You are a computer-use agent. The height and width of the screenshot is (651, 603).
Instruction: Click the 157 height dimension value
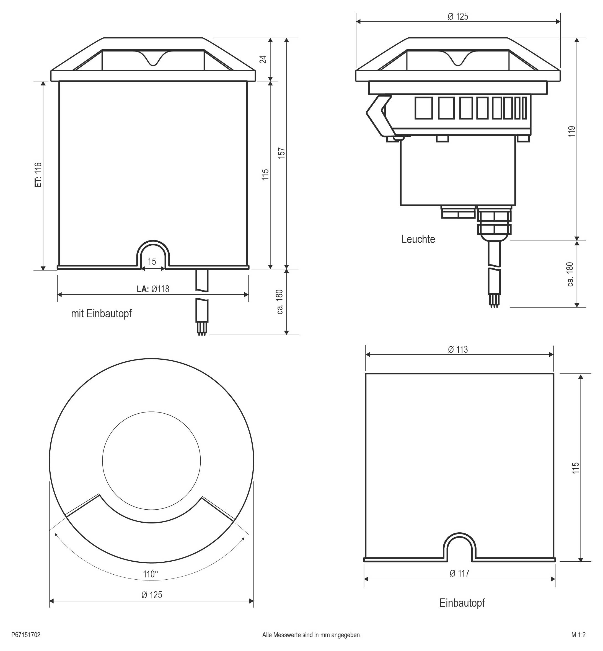click(282, 153)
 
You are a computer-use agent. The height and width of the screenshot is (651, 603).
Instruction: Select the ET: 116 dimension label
click(38, 175)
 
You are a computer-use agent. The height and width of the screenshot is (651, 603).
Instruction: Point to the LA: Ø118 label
click(153, 289)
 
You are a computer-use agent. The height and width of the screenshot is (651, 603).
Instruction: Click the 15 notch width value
click(152, 261)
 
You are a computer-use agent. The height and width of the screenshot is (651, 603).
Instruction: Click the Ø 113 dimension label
click(458, 350)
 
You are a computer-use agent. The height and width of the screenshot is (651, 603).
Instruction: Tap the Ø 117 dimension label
click(459, 573)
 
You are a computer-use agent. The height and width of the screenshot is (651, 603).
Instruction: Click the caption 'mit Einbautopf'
click(102, 313)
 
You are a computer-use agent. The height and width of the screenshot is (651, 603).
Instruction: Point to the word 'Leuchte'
click(418, 239)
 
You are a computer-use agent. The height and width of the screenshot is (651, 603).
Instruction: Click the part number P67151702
click(26, 635)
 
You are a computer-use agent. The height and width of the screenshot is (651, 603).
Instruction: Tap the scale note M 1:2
click(579, 635)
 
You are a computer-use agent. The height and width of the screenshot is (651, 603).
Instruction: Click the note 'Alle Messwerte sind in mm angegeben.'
click(312, 635)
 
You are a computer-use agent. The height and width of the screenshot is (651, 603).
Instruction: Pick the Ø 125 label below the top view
click(152, 595)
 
